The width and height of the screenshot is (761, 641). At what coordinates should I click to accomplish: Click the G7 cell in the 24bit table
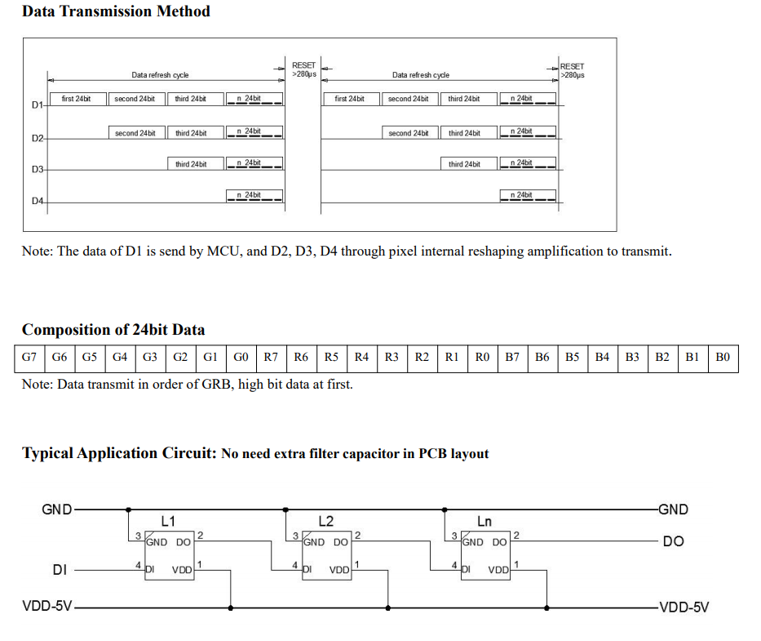29,358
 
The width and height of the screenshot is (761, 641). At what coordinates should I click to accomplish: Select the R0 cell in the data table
482,358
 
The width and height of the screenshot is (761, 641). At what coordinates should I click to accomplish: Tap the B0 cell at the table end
723,358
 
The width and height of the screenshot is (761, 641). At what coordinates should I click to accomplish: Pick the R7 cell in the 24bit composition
271,358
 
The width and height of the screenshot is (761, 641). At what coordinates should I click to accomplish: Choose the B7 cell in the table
512,358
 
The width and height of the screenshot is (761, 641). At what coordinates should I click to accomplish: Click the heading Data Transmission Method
116,11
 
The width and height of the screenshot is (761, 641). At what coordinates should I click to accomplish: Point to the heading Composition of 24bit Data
113,330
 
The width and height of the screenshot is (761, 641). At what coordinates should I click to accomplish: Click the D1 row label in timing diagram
37,105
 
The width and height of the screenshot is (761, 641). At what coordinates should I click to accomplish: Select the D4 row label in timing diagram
37,201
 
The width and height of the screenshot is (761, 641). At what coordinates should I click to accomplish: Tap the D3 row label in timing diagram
37,170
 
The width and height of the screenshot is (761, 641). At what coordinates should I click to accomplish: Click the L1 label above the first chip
168,521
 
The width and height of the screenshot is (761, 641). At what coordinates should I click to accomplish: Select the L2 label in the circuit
325,521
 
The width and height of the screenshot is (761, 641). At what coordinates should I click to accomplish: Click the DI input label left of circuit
60,570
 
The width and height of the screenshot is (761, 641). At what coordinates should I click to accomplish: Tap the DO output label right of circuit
673,541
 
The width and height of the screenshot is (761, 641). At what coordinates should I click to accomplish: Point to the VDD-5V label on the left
47,608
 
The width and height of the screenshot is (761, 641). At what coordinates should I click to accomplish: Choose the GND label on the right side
673,510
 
